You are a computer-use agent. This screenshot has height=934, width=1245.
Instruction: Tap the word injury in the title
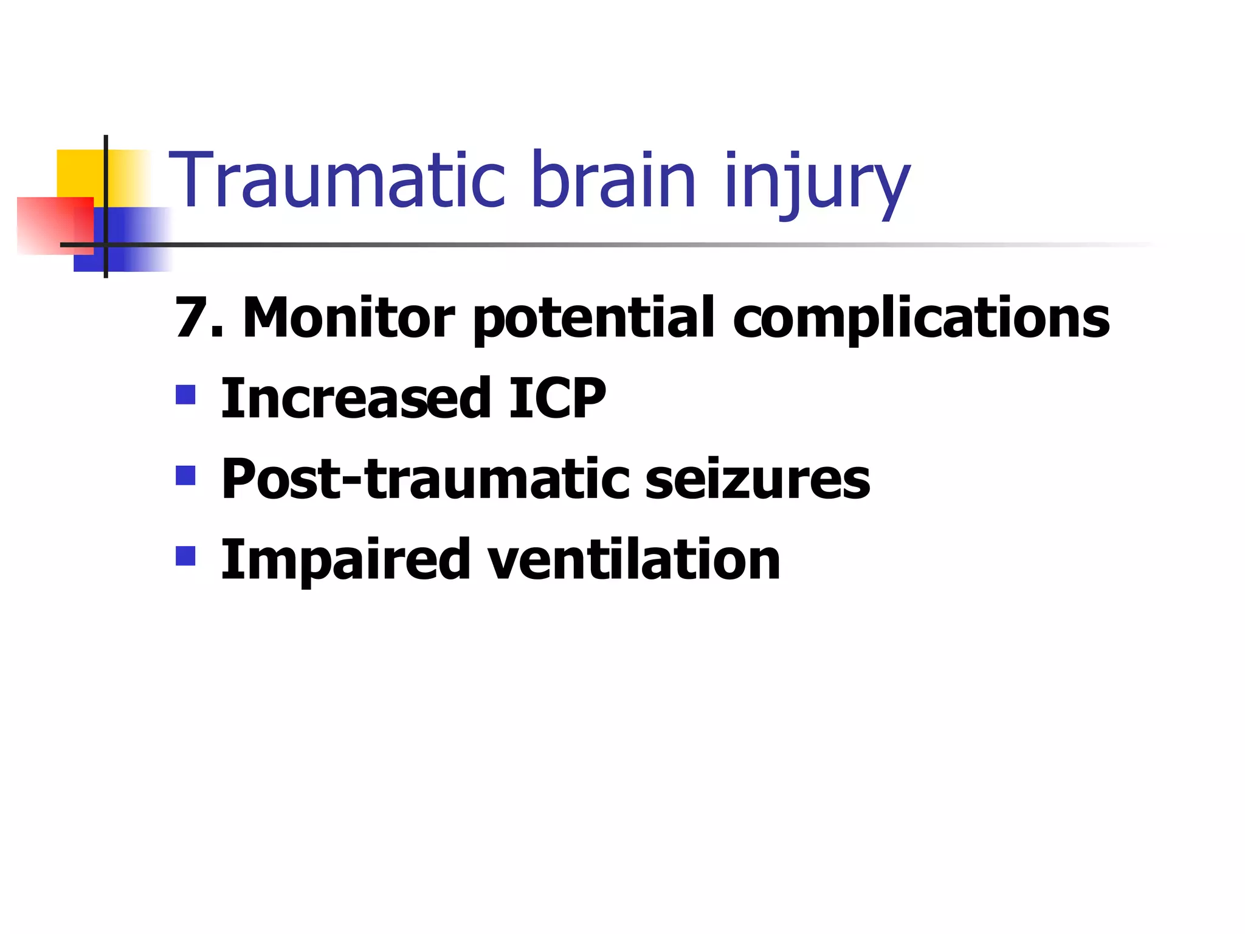click(x=816, y=182)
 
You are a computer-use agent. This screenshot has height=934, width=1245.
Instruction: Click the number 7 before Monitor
click(x=190, y=317)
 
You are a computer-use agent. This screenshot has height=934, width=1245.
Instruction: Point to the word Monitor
click(x=348, y=317)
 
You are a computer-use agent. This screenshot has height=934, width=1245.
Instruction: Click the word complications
click(x=921, y=319)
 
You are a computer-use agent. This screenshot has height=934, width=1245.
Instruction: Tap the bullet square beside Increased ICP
click(x=185, y=395)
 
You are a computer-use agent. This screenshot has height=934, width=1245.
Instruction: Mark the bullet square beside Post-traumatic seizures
click(x=185, y=475)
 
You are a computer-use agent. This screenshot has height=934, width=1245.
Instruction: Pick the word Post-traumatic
click(x=425, y=479)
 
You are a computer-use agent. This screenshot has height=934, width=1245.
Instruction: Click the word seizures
click(x=757, y=479)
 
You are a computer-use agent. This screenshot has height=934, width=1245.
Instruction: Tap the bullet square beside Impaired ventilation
click(x=185, y=555)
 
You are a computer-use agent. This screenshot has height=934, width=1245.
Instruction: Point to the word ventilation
click(x=633, y=559)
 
